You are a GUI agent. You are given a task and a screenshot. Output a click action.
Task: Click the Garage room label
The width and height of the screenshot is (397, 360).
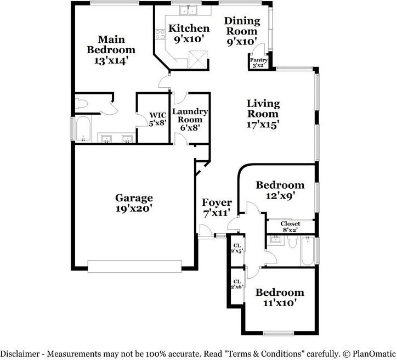[x=134, y=198]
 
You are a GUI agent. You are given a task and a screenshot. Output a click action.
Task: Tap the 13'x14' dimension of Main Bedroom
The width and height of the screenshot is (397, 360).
[x=110, y=60]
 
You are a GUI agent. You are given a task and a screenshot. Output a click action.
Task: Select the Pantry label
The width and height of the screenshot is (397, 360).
[x=259, y=60]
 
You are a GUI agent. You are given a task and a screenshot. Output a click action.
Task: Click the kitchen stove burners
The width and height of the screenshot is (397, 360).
[x=160, y=35]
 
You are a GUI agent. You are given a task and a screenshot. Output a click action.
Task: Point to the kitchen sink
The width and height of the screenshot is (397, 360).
[x=188, y=10]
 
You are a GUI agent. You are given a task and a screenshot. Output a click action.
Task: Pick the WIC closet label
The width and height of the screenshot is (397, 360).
[x=157, y=115]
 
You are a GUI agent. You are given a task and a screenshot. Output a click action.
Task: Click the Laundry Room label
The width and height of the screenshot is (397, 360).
[x=190, y=116]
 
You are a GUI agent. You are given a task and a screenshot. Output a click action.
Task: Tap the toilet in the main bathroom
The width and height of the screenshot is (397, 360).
[x=82, y=103]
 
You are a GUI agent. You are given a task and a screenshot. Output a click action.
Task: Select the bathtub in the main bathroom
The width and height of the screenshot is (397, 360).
[x=83, y=129]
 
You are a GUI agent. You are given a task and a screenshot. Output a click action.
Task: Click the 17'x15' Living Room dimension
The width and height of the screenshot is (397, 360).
[x=263, y=125]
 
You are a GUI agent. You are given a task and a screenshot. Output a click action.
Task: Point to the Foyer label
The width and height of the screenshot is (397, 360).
[x=217, y=203]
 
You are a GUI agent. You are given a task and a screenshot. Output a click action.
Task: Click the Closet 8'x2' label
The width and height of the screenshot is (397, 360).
[x=290, y=227]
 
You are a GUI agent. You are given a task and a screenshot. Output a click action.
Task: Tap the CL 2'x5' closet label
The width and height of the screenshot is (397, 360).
[x=237, y=248]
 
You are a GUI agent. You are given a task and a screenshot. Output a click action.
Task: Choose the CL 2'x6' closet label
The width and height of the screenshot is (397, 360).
[x=237, y=284]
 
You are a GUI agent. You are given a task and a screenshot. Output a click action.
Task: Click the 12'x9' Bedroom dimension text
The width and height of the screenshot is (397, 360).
[x=280, y=195]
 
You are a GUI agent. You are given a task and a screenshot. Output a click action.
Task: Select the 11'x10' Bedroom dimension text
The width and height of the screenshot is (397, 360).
[x=280, y=303]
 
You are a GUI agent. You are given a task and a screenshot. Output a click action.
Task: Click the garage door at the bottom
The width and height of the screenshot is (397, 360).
[x=135, y=266]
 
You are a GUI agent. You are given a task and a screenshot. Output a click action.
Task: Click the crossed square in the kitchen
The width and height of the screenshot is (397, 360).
[x=197, y=59]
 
